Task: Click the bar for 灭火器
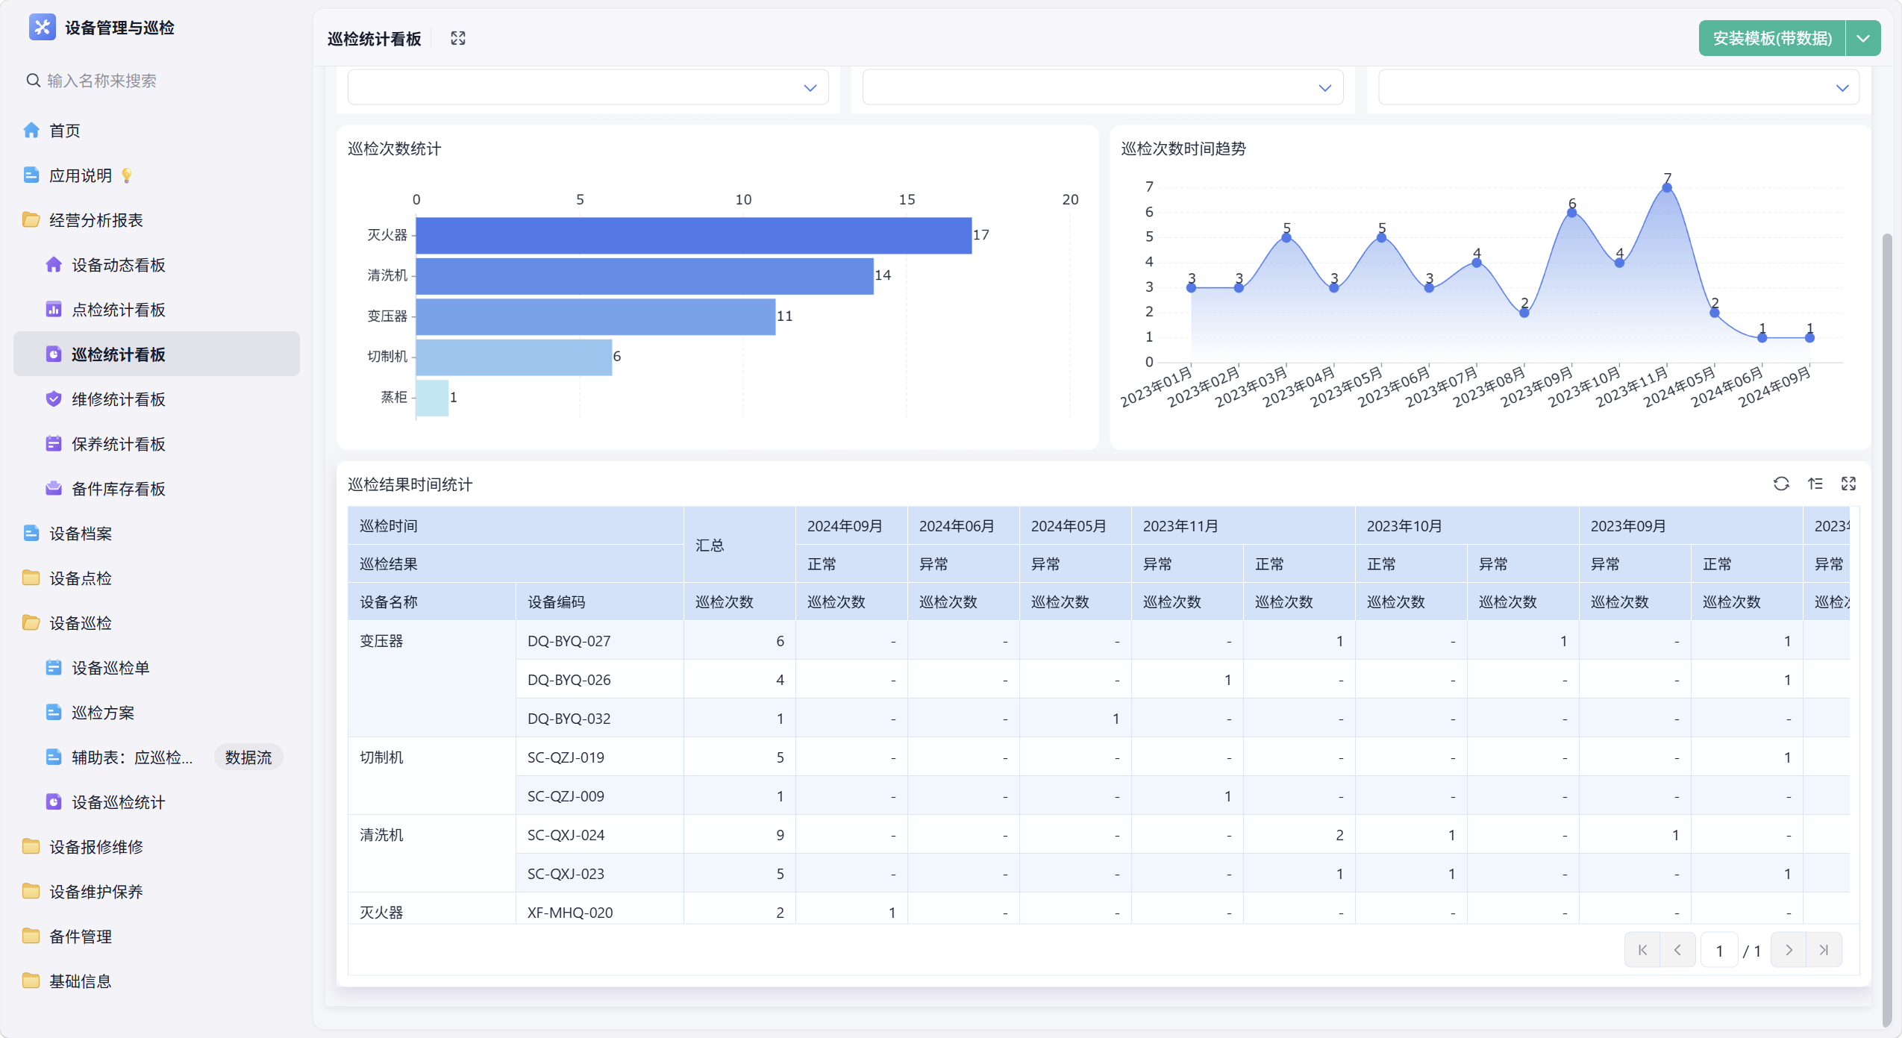(693, 235)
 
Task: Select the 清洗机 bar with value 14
(644, 275)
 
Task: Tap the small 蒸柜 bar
(432, 397)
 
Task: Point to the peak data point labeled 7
(1666, 187)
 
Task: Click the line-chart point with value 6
(1571, 213)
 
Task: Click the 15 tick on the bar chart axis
(907, 199)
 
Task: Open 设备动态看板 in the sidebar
(118, 265)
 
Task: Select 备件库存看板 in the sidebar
(118, 489)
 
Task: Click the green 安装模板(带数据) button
(1771, 38)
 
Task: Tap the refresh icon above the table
(1780, 484)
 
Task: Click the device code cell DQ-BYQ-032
(569, 719)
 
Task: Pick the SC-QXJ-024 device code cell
(566, 835)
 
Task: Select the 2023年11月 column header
(1180, 526)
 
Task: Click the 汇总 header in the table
(710, 545)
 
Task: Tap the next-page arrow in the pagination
(1788, 950)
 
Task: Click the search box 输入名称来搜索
(101, 81)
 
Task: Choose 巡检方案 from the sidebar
(102, 713)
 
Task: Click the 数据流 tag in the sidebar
(248, 757)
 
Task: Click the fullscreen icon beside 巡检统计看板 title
(458, 38)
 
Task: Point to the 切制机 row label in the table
(381, 757)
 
